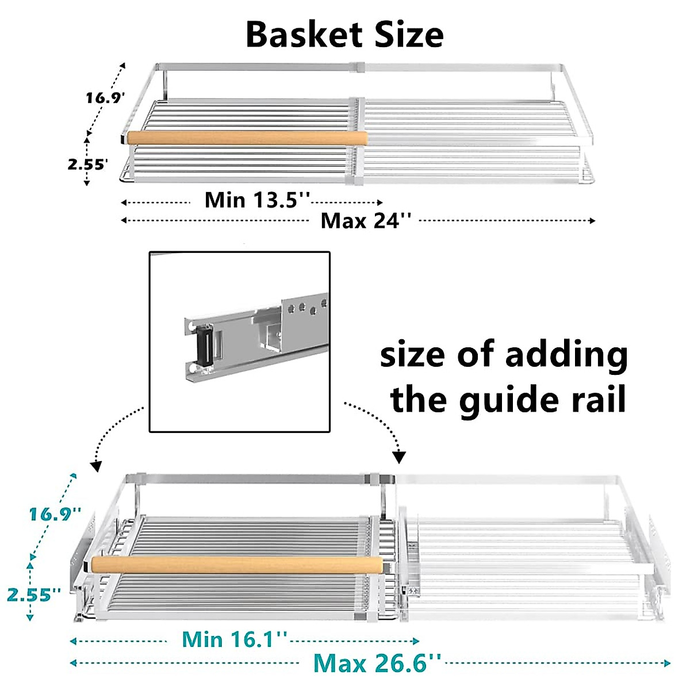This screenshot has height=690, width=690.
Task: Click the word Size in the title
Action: pos(409,34)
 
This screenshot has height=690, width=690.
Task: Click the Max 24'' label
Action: pos(366,220)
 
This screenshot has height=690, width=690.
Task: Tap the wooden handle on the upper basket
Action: pos(247,139)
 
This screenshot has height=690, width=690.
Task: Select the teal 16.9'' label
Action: pos(55,513)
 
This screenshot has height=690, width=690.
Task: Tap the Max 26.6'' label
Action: pos(377,663)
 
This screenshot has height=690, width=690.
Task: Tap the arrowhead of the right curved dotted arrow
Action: pos(399,458)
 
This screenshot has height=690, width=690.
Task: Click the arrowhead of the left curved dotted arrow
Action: pos(96,467)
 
